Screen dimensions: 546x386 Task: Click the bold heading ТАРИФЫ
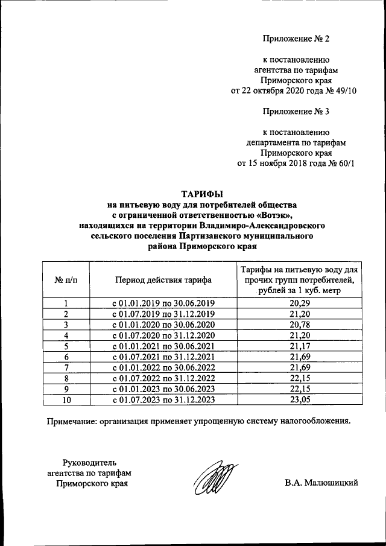[203, 194]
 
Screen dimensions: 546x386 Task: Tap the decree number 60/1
[346, 163]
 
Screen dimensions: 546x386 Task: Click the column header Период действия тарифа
[162, 280]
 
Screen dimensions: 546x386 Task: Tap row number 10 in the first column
[66, 399]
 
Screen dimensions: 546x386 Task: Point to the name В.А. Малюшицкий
[322, 483]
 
